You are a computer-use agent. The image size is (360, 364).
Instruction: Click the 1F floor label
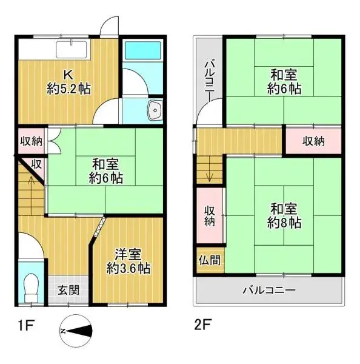[24, 325]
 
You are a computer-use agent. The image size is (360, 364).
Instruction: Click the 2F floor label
[203, 325]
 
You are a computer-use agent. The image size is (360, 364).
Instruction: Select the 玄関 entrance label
[68, 290]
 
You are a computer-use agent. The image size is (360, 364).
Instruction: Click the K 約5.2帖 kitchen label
[68, 82]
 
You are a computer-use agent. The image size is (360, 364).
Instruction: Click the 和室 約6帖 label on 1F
[106, 170]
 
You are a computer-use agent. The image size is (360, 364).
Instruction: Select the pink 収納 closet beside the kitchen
[31, 141]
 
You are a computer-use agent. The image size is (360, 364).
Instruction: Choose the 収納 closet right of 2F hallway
[313, 141]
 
